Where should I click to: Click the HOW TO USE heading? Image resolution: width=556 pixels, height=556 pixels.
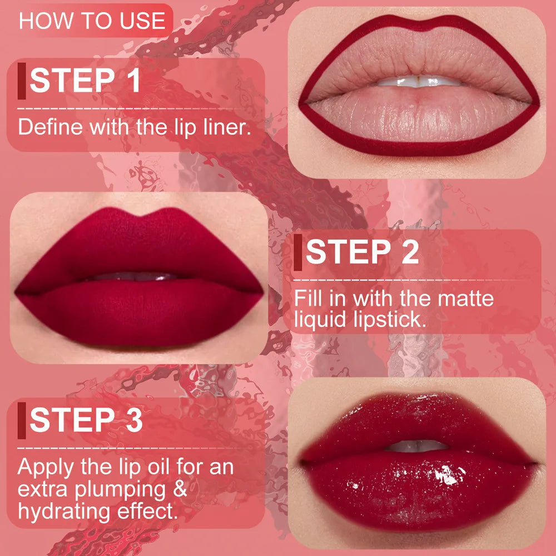[x=92, y=21]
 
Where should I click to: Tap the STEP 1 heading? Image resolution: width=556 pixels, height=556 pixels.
[x=85, y=81]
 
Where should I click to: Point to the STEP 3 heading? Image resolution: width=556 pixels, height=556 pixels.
[x=86, y=419]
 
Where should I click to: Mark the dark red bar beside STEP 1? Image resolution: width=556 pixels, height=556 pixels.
[x=22, y=81]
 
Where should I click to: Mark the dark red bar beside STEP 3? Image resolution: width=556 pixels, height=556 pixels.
[x=22, y=420]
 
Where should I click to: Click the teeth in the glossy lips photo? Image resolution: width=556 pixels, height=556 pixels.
[x=417, y=445]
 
